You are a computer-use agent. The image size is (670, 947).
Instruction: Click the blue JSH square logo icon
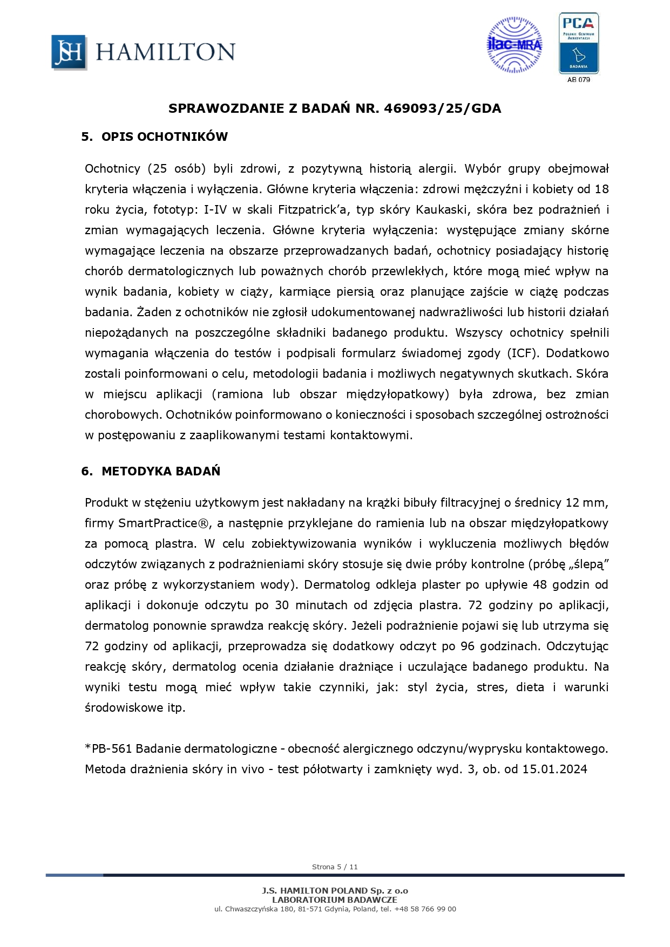pyautogui.click(x=69, y=52)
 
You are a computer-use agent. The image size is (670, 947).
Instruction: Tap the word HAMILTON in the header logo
pyautogui.click(x=165, y=52)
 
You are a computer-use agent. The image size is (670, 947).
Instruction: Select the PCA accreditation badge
pyautogui.click(x=578, y=43)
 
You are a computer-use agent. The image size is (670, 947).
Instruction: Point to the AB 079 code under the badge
pyautogui.click(x=578, y=80)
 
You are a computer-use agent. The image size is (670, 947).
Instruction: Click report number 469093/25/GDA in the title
pyautogui.click(x=442, y=108)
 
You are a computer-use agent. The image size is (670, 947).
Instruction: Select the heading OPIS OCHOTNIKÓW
pyautogui.click(x=164, y=137)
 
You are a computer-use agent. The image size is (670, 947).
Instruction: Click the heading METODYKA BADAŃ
pyautogui.click(x=160, y=471)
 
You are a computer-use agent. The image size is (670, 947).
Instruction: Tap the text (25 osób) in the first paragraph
pyautogui.click(x=177, y=169)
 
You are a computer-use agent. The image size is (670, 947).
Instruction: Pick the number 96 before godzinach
pyautogui.click(x=468, y=646)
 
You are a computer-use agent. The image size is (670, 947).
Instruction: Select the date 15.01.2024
pyautogui.click(x=554, y=769)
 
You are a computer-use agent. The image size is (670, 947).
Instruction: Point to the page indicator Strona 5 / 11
pyautogui.click(x=335, y=867)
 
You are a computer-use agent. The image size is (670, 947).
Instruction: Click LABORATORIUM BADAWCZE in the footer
pyautogui.click(x=335, y=900)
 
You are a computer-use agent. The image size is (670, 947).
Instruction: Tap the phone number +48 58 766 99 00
pyautogui.click(x=425, y=909)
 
